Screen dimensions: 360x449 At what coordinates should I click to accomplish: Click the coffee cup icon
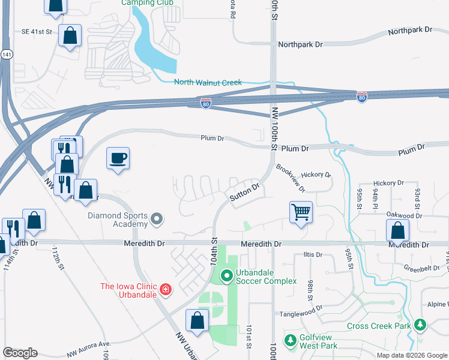point(118,158)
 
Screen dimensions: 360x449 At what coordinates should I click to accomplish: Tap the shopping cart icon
point(301,212)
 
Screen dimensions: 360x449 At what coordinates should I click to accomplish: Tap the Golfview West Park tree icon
point(291,340)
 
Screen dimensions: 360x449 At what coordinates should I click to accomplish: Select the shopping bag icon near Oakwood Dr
point(397,230)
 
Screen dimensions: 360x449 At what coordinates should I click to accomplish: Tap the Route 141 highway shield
point(6,54)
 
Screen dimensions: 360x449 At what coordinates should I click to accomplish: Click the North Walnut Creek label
point(208,83)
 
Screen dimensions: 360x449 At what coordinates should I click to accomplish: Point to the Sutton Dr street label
point(244,191)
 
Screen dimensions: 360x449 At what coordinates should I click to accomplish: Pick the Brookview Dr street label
point(291,178)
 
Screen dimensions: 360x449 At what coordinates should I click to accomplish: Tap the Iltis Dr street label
point(313,255)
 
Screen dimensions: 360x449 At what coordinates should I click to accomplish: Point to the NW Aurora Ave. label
point(89,349)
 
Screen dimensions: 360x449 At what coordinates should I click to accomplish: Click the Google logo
point(20,353)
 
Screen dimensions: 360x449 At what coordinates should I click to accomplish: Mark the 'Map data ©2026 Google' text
point(412,355)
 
